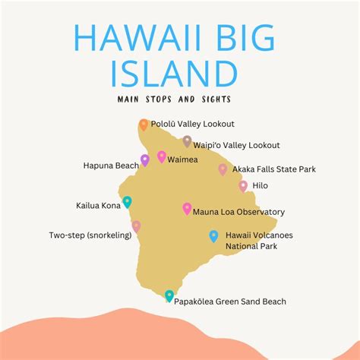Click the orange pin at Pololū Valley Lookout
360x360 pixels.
[144, 125]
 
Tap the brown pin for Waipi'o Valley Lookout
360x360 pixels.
[187, 141]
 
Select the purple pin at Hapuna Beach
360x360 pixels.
[145, 160]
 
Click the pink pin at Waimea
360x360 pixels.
[162, 156]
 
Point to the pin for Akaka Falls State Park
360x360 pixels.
[223, 169]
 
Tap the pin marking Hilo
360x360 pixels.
[243, 185]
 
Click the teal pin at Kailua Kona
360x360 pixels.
[127, 202]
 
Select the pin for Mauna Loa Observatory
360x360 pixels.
[187, 209]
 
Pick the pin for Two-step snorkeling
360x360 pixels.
[136, 226]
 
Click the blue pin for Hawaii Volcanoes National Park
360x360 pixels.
[213, 235]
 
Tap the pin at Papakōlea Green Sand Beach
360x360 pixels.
[169, 295]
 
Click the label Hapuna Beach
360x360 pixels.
[111, 164]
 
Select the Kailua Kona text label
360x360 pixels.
[97, 205]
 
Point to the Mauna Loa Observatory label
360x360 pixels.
[239, 212]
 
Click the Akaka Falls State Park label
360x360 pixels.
[273, 169]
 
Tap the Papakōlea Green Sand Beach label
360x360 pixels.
[230, 302]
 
